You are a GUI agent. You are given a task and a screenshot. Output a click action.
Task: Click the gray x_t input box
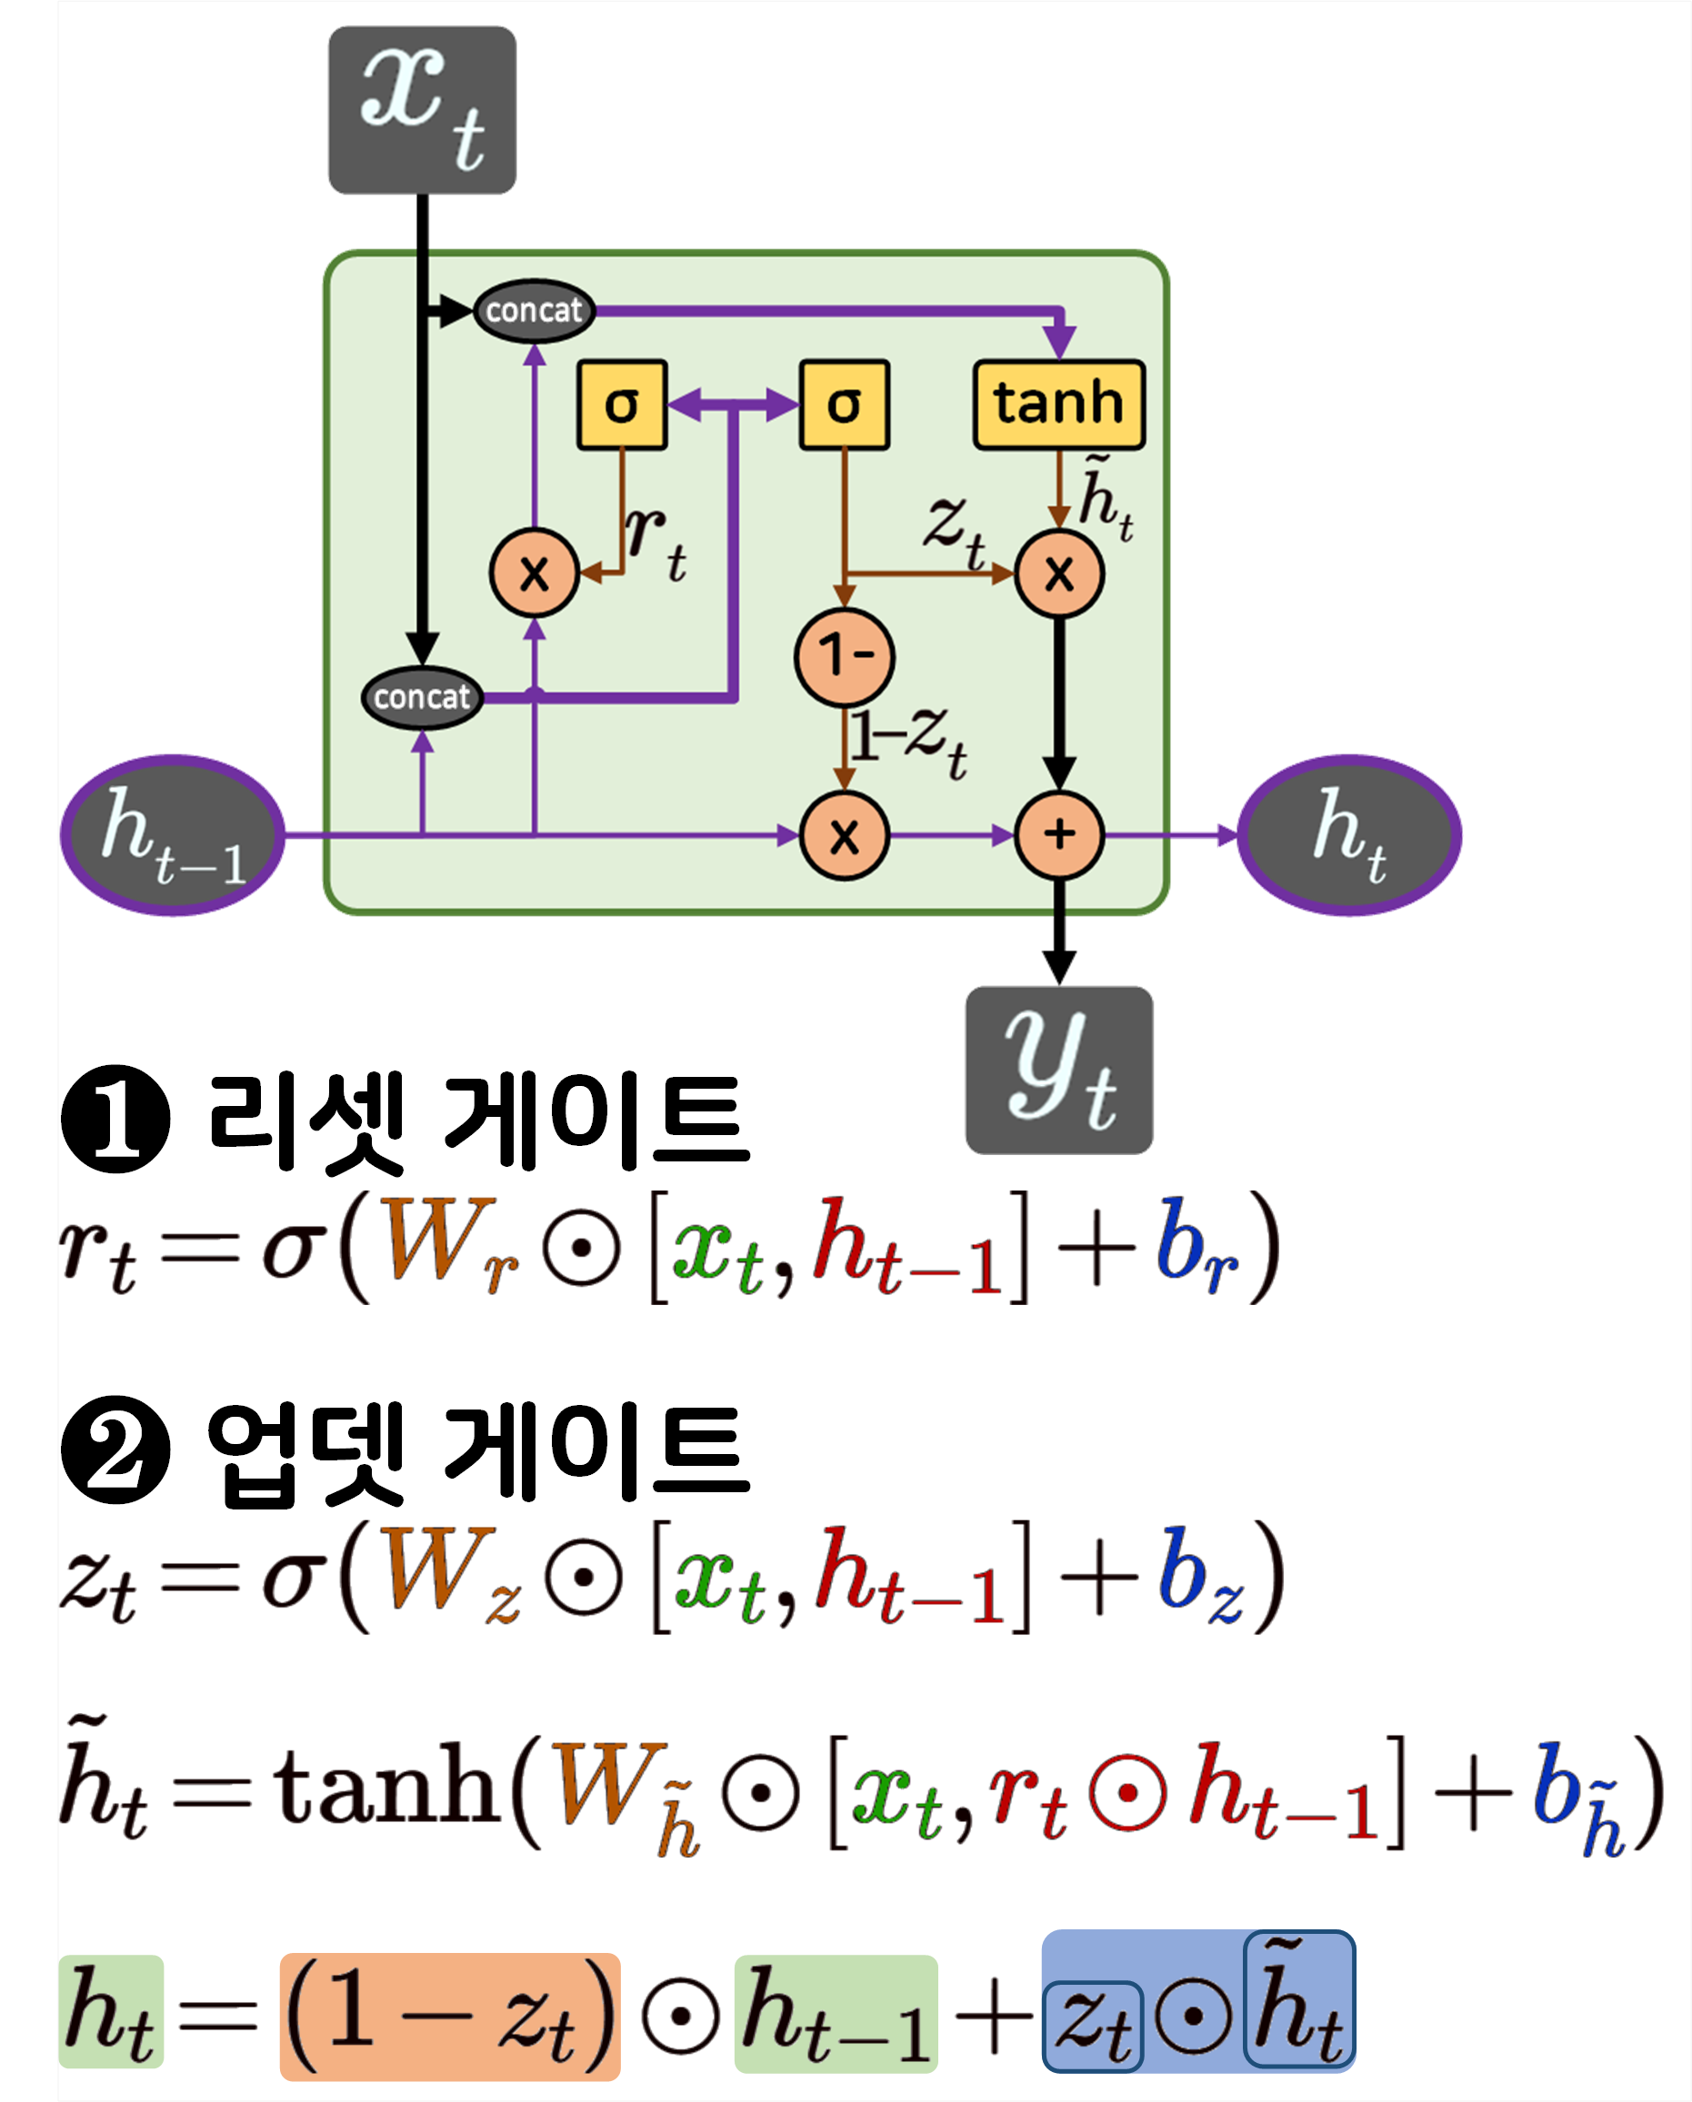coord(422,110)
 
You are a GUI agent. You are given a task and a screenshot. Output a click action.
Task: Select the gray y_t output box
coord(1059,1070)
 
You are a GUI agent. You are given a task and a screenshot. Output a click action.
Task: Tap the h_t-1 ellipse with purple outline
coord(173,835)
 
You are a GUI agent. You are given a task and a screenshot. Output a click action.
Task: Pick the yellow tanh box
coord(1058,403)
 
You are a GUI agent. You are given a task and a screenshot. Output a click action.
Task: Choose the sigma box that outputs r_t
coord(622,403)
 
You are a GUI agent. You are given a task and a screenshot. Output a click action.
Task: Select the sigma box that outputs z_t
coord(844,403)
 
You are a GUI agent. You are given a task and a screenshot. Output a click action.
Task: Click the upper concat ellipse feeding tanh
coord(534,311)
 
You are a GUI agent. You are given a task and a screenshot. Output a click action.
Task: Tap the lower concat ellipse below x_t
coord(422,697)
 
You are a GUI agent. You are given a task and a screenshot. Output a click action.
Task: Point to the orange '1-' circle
coord(845,655)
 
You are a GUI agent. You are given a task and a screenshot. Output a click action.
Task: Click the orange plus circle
coord(1059,835)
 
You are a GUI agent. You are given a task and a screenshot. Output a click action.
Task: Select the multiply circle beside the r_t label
coord(535,573)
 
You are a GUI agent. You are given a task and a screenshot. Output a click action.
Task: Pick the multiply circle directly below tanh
coord(1059,573)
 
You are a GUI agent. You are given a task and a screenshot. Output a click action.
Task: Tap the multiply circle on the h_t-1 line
coord(845,835)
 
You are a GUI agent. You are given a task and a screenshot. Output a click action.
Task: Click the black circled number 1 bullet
coord(116,1119)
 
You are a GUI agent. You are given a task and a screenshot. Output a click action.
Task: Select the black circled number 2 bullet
coord(116,1449)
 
